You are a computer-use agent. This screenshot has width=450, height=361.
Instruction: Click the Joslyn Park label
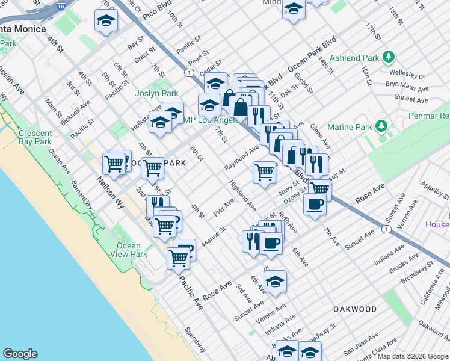[161, 93]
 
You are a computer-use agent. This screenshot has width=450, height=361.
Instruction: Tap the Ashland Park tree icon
[389, 57]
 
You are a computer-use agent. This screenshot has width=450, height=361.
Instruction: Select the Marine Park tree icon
[380, 126]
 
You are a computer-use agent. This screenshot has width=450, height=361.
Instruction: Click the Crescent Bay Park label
[35, 137]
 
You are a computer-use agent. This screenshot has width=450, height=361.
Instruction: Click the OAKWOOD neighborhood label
[355, 309]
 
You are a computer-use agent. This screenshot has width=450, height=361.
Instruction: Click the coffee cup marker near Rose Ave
[315, 205]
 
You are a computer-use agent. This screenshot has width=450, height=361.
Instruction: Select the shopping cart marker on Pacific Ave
[178, 258]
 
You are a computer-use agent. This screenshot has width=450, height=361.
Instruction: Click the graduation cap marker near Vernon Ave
[275, 282]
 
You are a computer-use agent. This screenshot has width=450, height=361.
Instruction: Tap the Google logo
[20, 354]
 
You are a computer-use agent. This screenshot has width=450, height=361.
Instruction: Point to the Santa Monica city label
[23, 29]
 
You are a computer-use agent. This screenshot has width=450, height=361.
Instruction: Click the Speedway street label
[196, 340]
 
